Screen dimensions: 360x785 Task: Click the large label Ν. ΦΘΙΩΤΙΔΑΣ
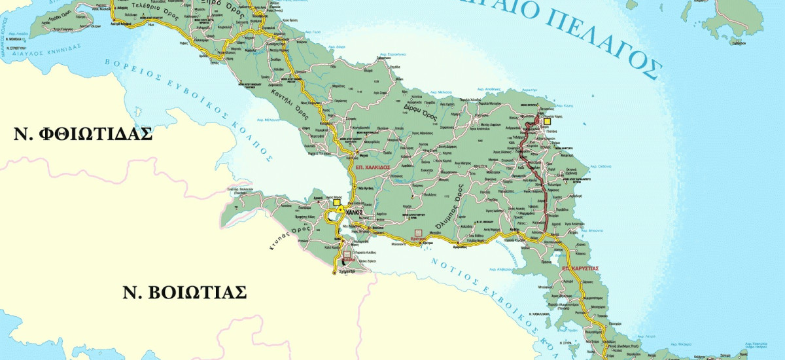[83, 134]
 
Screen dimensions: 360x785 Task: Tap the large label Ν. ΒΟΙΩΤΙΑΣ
[184, 292]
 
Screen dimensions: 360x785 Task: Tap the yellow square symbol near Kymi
[548, 120]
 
